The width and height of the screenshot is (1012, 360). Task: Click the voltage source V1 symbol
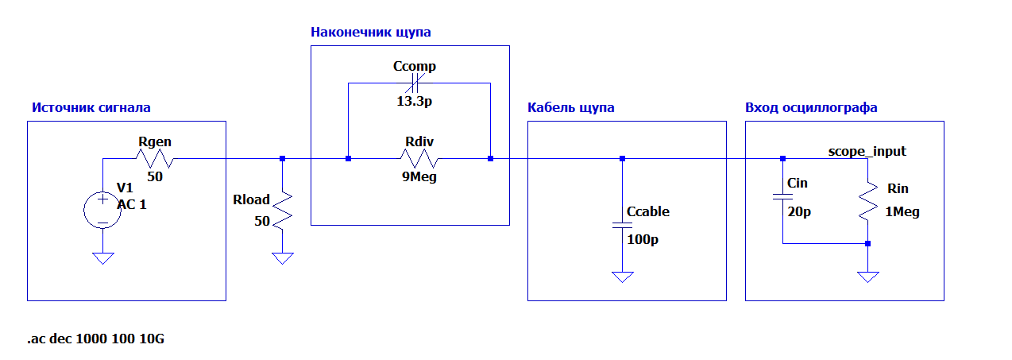tap(102, 210)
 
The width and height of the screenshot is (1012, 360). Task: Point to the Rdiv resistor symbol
tap(419, 159)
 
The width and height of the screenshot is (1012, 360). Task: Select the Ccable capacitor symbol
tap(623, 225)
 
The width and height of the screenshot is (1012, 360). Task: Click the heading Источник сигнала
tap(91, 107)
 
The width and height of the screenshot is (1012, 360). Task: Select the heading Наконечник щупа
tap(370, 33)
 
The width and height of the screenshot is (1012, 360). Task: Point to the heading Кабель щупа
tap(570, 107)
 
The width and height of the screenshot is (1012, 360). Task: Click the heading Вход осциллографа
tap(811, 107)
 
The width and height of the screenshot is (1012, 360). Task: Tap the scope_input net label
tap(867, 150)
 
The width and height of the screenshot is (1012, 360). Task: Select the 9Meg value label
tap(419, 177)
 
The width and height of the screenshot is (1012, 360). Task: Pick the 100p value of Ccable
tap(643, 238)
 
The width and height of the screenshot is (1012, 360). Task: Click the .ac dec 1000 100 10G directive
tap(96, 339)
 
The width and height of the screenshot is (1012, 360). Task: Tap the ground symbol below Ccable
tap(623, 277)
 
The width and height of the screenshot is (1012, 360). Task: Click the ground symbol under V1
tap(102, 258)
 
